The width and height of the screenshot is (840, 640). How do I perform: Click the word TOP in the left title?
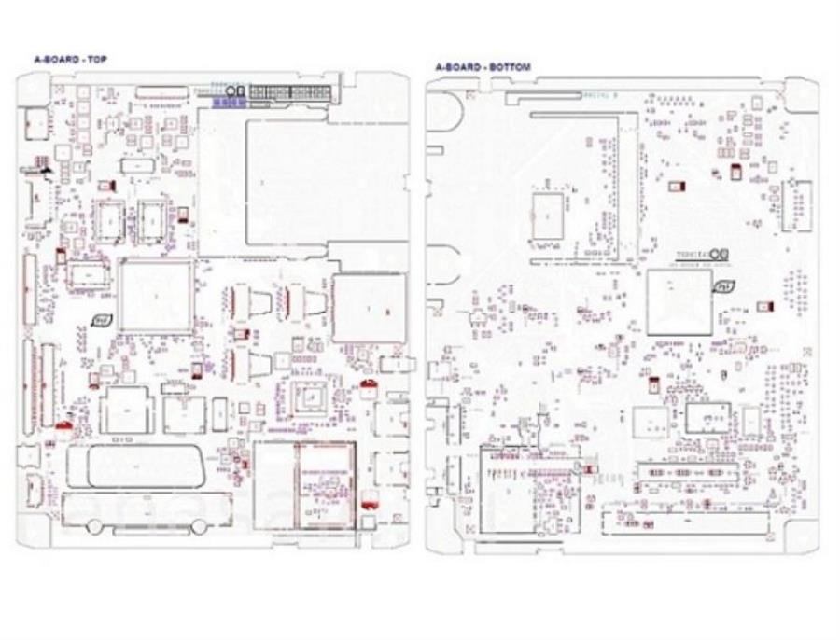(98, 60)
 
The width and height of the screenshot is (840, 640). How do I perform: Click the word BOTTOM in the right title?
(512, 67)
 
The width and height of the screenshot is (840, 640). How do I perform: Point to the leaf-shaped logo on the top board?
(98, 320)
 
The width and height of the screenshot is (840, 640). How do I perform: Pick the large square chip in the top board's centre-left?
(156, 295)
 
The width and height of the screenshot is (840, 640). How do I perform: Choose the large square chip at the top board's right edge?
(370, 305)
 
